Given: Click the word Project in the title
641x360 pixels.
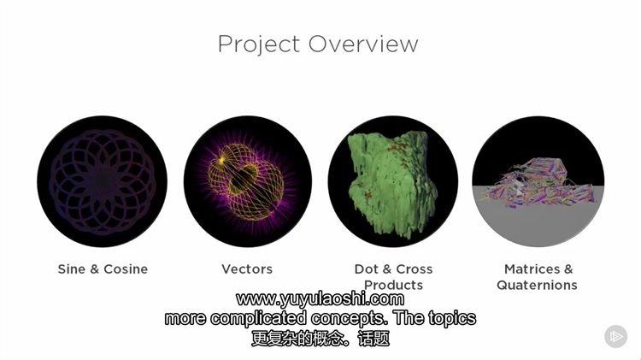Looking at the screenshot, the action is point(259,44).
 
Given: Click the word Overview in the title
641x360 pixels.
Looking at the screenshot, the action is point(363,44).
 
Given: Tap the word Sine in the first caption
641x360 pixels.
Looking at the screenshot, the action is point(72,269).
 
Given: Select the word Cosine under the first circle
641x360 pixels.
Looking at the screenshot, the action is point(126,269).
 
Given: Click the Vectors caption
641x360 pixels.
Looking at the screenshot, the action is point(247,269).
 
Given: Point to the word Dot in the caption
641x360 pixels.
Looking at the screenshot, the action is point(366,269).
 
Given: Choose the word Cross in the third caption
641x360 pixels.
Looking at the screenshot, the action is point(415,269).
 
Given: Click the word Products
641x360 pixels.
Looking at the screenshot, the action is point(393,285).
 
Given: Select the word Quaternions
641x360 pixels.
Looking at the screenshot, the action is point(537,285).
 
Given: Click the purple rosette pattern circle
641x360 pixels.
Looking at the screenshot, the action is point(103,181).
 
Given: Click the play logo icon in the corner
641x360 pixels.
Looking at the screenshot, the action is point(615,336).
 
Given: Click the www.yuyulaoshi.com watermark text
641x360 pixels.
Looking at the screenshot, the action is point(320,299).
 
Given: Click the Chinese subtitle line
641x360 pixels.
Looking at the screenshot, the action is point(320,339).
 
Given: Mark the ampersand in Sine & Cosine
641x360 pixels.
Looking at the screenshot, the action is point(94,269).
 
